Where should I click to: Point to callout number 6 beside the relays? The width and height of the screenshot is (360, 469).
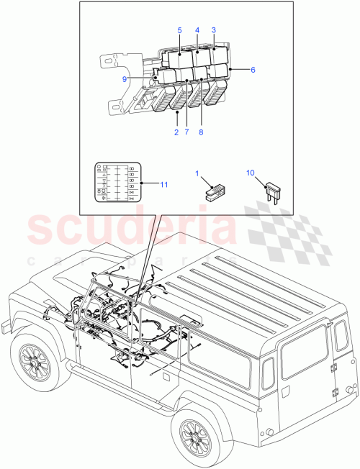coord(253,69)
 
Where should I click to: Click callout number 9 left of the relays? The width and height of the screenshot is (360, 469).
coord(125,79)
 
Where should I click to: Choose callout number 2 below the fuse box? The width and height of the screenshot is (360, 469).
coord(176,132)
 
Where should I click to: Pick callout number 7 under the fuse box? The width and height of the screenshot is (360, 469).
coord(186,132)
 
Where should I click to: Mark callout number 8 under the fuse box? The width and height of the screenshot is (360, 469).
coord(200,132)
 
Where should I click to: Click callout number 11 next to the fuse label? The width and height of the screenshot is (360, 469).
coord(164,185)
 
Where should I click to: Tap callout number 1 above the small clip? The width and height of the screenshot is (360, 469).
coord(197,173)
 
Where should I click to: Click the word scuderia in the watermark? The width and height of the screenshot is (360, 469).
coord(133,230)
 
